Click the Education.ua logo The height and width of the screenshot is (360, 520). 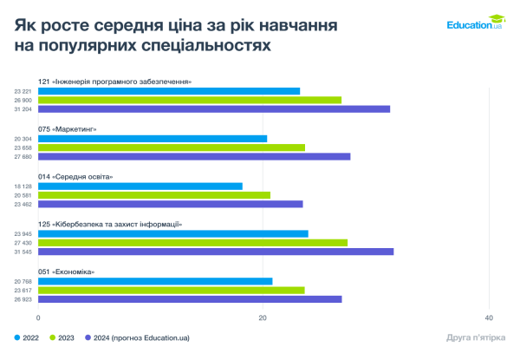[475, 23]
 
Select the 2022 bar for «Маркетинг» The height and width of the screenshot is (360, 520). [153, 139]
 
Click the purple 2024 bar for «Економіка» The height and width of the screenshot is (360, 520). [190, 299]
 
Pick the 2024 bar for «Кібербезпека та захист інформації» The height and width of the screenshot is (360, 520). [216, 252]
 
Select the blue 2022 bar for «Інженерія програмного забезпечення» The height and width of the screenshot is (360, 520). [169, 91]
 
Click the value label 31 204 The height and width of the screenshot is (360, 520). [23, 109]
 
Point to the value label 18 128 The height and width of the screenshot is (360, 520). [23, 187]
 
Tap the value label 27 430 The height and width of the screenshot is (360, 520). [23, 243]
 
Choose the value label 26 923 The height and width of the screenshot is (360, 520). [23, 299]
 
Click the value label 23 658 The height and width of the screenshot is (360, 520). [23, 147]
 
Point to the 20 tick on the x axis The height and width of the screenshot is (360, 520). [263, 317]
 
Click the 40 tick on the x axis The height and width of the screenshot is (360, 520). [489, 317]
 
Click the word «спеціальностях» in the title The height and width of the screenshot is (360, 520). [199, 43]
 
